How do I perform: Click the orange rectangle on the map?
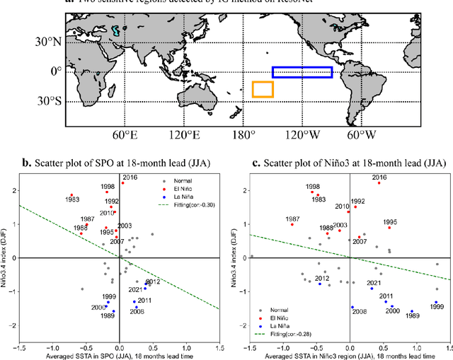pos(263,90)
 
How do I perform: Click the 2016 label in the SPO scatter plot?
pos(130,178)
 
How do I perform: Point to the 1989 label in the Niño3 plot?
pos(412,315)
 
